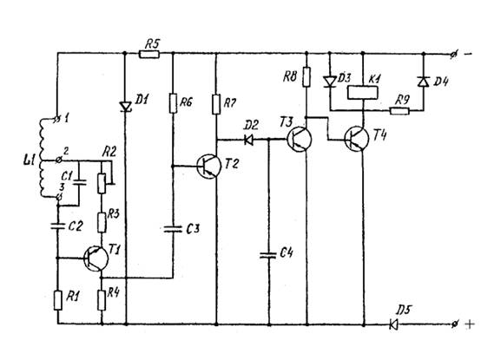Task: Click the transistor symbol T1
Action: [96, 259]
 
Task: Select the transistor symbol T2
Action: [209, 166]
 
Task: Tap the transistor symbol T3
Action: [299, 139]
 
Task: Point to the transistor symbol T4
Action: [357, 139]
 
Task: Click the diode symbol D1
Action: [126, 107]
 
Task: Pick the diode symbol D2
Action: [249, 140]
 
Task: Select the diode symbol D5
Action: [393, 324]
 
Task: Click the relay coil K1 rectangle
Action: [362, 93]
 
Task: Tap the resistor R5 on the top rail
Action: [149, 55]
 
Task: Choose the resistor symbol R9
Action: [399, 110]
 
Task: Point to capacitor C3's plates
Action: [173, 229]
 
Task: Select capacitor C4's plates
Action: [269, 255]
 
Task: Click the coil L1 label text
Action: [30, 160]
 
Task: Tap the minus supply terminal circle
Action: [454, 55]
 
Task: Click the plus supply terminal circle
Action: [454, 324]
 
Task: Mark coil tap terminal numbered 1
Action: [56, 119]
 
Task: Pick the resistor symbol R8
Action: [306, 76]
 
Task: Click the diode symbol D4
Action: [424, 82]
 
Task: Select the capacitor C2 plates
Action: [57, 226]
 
